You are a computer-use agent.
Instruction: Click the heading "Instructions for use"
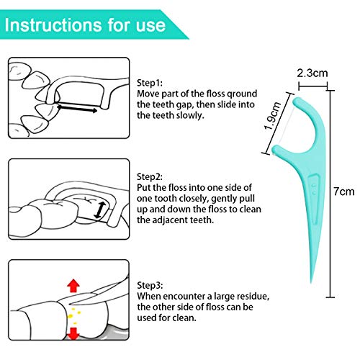tap(85, 24)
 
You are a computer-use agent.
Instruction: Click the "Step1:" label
tap(150, 83)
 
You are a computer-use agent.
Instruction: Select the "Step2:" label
tap(150, 177)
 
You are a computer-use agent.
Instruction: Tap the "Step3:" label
tap(150, 285)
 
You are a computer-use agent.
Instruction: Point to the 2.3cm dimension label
tap(312, 73)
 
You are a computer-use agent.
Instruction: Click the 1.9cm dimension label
tap(272, 116)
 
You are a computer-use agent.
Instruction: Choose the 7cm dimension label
tap(344, 192)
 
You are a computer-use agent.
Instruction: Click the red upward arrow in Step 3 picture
tap(73, 286)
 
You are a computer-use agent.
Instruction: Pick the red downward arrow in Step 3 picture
tap(73, 333)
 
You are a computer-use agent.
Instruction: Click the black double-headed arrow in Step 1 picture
tap(77, 107)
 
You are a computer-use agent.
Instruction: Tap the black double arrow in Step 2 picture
tap(100, 210)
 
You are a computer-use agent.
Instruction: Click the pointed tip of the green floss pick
tap(311, 283)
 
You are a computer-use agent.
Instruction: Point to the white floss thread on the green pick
tap(287, 125)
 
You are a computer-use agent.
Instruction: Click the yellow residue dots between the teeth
tap(73, 315)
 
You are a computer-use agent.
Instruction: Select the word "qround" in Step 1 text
tap(242, 94)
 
